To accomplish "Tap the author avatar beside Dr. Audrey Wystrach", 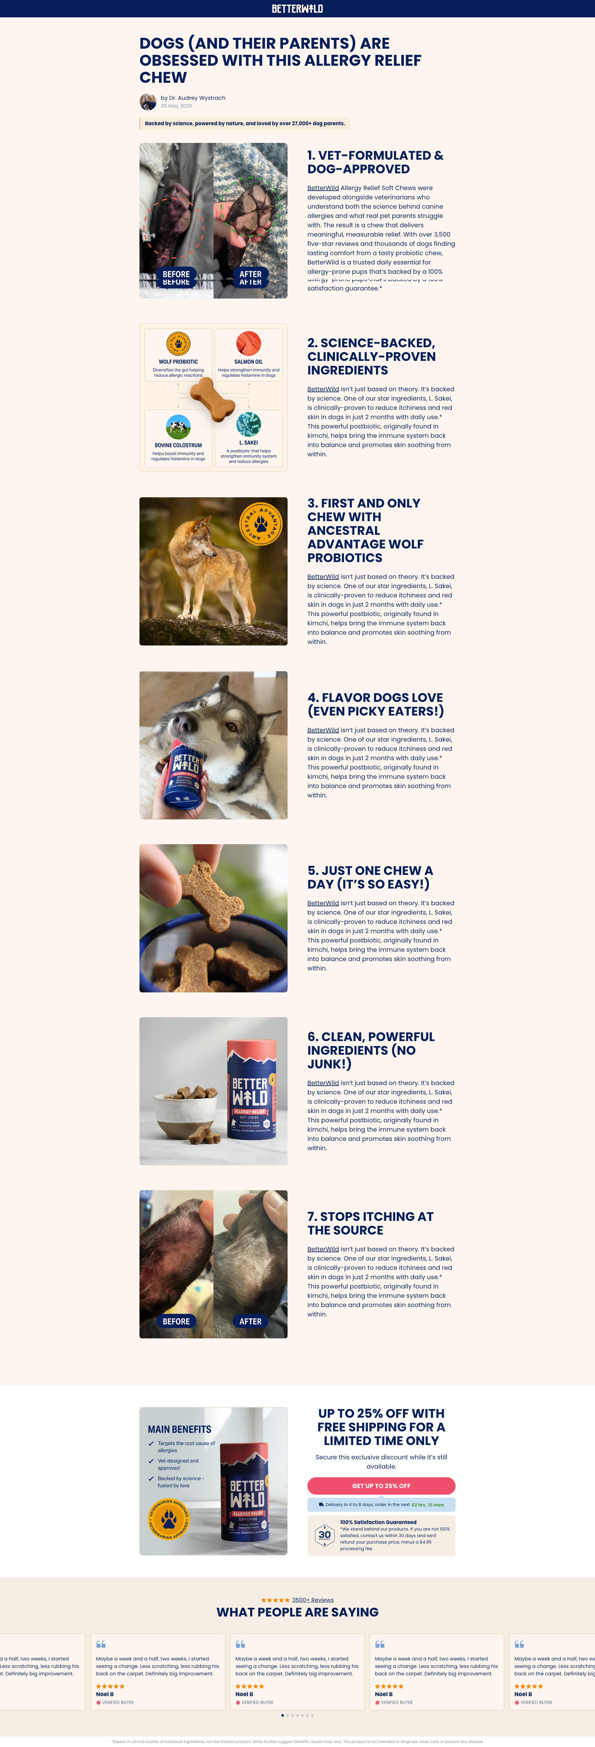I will point(148,102).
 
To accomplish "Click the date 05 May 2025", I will point(176,106).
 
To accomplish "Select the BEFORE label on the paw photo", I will point(176,275).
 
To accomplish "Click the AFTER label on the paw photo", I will point(250,275).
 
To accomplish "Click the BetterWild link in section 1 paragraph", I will point(323,188).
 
